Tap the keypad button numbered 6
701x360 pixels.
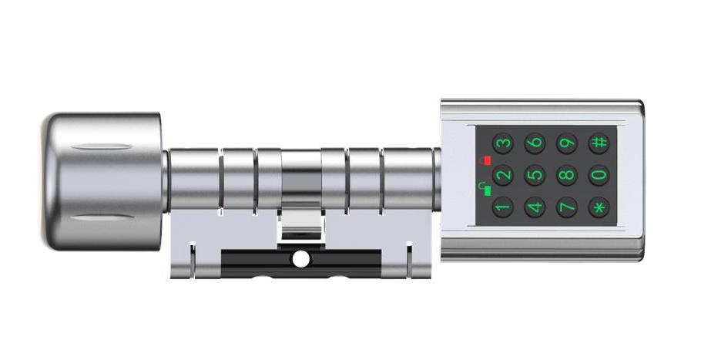click(535, 143)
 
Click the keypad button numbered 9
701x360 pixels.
click(567, 143)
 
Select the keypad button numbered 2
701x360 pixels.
click(503, 175)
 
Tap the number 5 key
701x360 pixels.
click(535, 175)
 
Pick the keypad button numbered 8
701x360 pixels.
click(567, 175)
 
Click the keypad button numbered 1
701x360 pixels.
click(503, 207)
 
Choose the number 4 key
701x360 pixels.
click(535, 207)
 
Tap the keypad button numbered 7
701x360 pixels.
click(567, 207)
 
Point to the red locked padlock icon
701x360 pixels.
click(485, 160)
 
